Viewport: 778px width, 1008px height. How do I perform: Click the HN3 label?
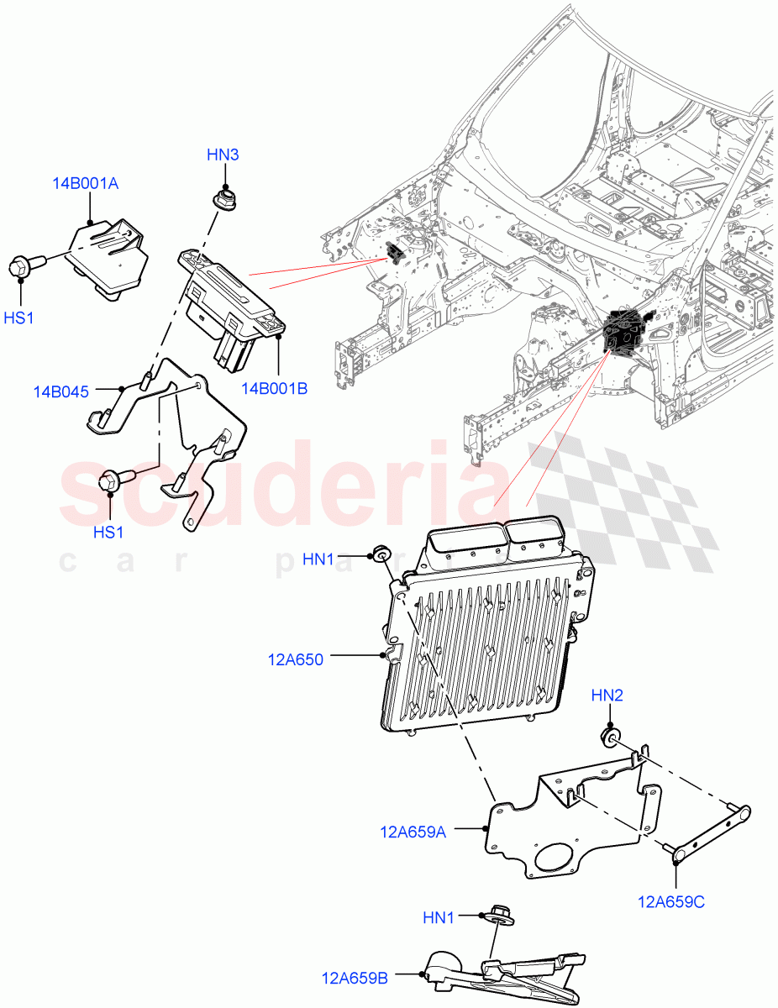(x=223, y=155)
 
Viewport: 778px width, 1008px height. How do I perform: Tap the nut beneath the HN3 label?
(x=223, y=202)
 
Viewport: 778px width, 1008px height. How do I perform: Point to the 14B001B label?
(x=274, y=388)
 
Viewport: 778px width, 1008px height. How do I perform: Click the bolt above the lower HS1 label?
(x=112, y=482)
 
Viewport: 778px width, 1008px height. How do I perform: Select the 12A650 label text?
(x=296, y=659)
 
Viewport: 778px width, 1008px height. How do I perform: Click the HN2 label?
(x=607, y=696)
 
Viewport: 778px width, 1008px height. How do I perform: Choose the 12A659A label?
(x=413, y=832)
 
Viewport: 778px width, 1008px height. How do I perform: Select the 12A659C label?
(x=671, y=902)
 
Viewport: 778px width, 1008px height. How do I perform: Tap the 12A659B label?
(x=354, y=978)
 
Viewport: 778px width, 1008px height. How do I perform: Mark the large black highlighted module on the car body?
(x=624, y=331)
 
